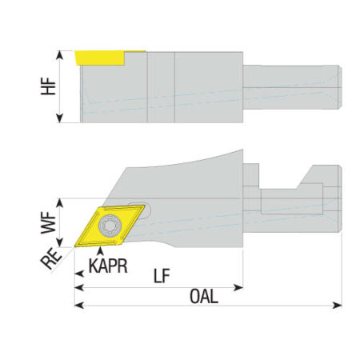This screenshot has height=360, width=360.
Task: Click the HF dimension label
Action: point(48,86)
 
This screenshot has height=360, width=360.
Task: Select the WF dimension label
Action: point(48,223)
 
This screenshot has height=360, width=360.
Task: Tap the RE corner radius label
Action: point(51,258)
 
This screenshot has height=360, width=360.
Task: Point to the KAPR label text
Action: point(108,266)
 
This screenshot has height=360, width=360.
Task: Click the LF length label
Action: point(162,276)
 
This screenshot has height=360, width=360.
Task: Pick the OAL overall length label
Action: point(204,296)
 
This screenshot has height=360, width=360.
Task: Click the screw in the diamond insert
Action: point(110,226)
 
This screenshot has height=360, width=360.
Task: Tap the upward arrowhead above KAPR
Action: point(100,251)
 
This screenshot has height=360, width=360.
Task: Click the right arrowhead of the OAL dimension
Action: point(338,305)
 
